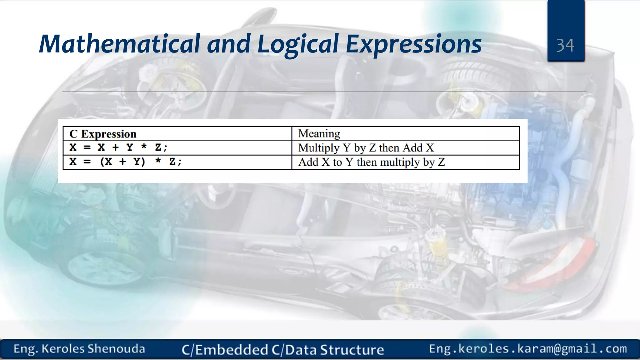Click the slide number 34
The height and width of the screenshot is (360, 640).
pos(565,46)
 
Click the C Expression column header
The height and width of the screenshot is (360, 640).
pos(103,134)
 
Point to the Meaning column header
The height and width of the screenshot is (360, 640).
pos(319,133)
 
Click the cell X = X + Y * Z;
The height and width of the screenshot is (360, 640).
pos(118,147)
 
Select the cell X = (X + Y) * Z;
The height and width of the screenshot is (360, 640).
pos(125,162)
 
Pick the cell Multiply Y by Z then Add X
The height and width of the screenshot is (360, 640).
pos(366,148)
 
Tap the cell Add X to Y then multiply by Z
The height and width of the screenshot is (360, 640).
pos(371,162)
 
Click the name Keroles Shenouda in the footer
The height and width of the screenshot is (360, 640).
pos(93,349)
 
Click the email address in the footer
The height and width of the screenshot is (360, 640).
pos(528,348)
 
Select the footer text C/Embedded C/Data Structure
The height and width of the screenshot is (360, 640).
pos(282,350)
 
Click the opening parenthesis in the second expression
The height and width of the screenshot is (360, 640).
pos(102,162)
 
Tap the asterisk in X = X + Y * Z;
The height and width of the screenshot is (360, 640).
pos(144,147)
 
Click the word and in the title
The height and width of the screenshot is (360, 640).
pos(228,44)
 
